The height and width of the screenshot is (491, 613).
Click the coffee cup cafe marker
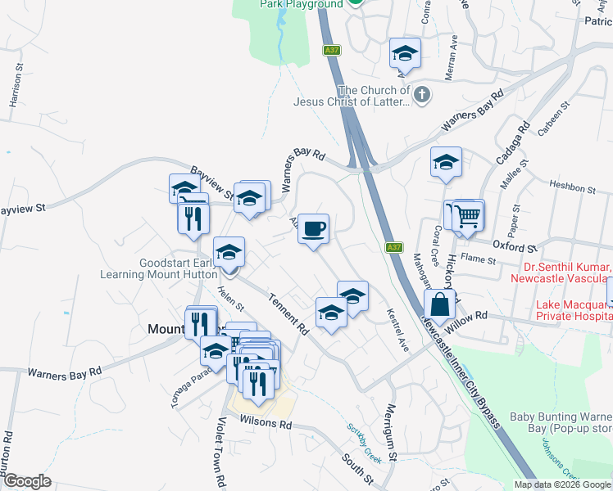[313, 229]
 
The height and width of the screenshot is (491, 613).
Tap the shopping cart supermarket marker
[467, 217]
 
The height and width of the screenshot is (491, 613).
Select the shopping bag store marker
[440, 304]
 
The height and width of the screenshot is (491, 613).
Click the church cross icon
[422, 96]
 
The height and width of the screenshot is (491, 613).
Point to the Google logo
[27, 481]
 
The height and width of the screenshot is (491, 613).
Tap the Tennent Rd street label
[287, 314]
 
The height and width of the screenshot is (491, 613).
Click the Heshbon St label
[571, 187]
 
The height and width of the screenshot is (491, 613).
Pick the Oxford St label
[513, 246]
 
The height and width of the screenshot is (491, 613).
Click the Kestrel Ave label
[397, 335]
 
